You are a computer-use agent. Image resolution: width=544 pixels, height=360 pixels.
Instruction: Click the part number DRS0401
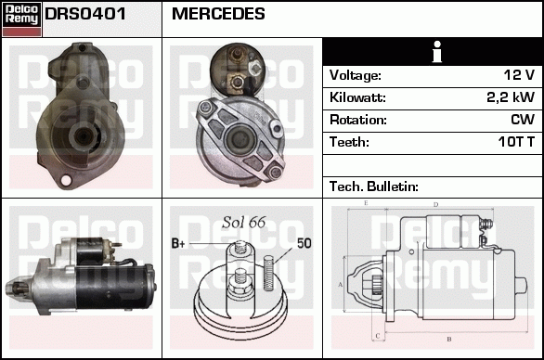coord(85,14)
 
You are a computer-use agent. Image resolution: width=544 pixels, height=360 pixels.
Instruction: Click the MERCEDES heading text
coord(218,14)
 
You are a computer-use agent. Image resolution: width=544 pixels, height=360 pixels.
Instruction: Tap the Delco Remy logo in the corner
coord(21,19)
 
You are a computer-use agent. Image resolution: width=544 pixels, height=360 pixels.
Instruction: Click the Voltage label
coord(355,75)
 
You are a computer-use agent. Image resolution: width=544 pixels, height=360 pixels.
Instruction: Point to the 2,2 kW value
coord(511,97)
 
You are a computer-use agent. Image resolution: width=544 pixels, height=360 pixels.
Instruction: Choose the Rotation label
coord(357,120)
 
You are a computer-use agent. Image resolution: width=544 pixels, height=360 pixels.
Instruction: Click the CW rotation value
coord(523,120)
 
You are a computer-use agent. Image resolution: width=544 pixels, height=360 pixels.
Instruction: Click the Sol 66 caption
coord(244,222)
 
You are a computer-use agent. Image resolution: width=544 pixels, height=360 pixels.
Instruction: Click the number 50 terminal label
coord(304,243)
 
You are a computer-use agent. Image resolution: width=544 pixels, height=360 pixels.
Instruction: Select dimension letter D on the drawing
coord(435,205)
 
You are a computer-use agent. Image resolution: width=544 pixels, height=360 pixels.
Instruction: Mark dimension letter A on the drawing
coord(341,284)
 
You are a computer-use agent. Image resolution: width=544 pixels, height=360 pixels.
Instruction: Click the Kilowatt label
coord(356,97)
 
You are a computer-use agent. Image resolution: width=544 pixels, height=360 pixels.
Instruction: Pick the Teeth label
coord(349,142)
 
